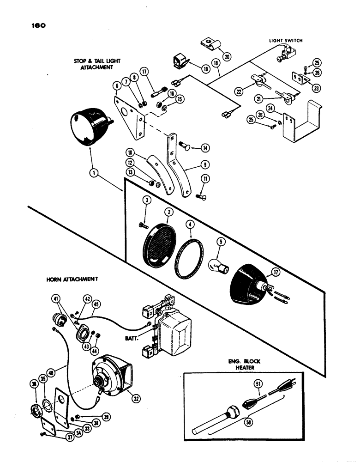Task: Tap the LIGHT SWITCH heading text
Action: click(x=286, y=41)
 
